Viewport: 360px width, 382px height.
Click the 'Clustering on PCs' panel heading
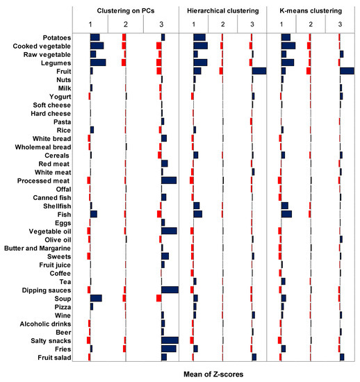click(125, 10)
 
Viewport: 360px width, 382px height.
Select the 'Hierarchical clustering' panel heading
click(222, 10)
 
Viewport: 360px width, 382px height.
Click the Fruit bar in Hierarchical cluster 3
click(259, 71)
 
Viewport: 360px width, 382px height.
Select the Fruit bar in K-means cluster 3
click(347, 71)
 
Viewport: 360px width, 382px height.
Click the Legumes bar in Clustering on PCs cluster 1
click(98, 63)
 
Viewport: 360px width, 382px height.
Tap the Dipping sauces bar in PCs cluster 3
click(170, 290)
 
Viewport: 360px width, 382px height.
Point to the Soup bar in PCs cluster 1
click(96, 298)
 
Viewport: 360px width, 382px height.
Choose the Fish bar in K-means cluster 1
click(286, 214)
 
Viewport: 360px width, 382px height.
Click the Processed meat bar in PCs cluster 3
click(169, 181)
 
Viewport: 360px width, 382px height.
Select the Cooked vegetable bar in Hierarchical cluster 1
click(200, 46)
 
